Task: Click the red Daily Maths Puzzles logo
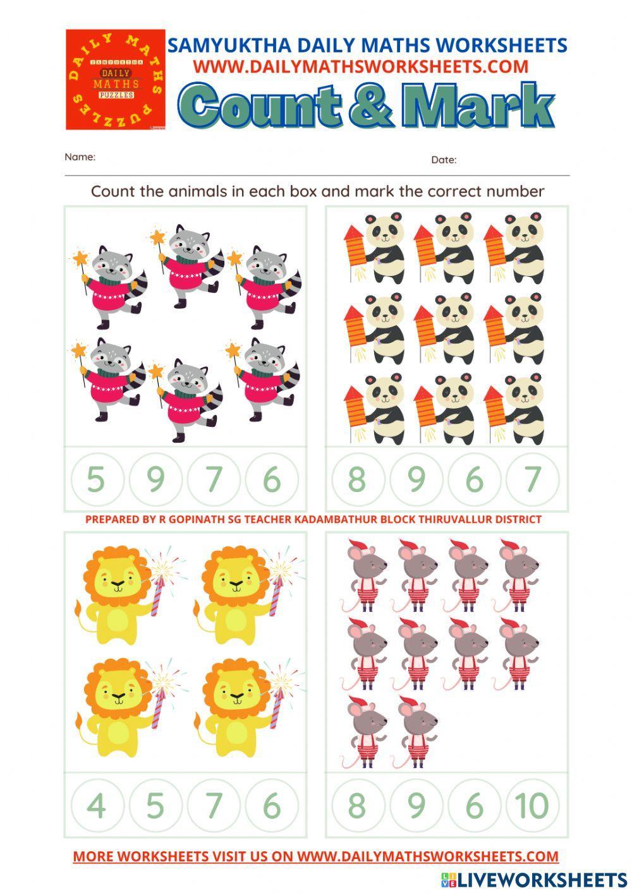[116, 80]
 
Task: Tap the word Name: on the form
[80, 157]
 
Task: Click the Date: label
[444, 160]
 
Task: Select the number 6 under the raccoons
[272, 479]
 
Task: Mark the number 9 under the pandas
[416, 479]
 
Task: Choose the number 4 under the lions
[96, 806]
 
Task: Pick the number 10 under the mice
[532, 806]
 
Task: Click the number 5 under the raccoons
[96, 479]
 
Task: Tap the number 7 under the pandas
[532, 479]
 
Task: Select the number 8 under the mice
[357, 806]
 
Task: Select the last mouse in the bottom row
[417, 731]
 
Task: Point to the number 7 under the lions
[214, 806]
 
